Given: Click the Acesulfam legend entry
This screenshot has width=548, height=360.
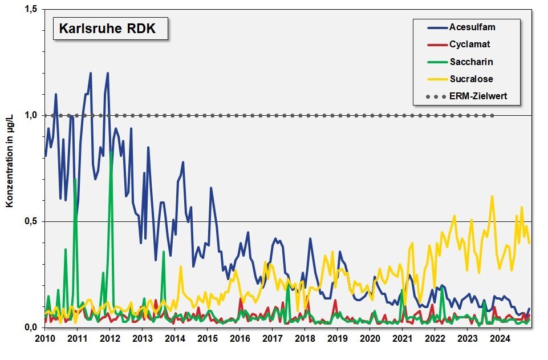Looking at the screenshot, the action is (461, 27).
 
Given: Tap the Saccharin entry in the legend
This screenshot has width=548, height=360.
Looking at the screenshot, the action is (460, 62).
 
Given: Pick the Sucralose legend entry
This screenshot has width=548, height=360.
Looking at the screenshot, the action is (460, 79).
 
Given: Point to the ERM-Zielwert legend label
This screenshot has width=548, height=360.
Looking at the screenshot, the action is (467, 96).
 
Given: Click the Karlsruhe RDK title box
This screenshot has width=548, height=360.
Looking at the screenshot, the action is (111, 29).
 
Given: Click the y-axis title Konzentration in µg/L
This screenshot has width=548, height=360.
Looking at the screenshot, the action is (10, 160).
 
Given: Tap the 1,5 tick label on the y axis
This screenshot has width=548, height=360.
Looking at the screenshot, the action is (31, 10).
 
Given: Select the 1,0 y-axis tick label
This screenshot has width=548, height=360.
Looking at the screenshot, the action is (31, 115).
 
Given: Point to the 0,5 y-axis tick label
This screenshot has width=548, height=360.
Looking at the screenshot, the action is (31, 221).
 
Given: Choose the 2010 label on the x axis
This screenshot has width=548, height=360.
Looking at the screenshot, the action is (45, 338).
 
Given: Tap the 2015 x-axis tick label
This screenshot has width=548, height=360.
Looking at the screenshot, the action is (208, 338).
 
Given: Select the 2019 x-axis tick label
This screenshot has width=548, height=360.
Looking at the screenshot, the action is (338, 338).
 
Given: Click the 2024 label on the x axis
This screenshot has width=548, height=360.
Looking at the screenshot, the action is (500, 338).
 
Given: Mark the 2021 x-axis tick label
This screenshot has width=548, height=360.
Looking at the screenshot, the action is (403, 338).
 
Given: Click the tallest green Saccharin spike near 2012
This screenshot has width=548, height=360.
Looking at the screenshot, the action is (112, 151).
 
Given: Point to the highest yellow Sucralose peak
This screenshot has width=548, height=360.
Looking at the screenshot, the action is (492, 196).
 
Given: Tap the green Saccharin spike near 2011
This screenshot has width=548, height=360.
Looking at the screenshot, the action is (75, 179).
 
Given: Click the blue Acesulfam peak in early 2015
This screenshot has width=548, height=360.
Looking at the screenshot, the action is (211, 188).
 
